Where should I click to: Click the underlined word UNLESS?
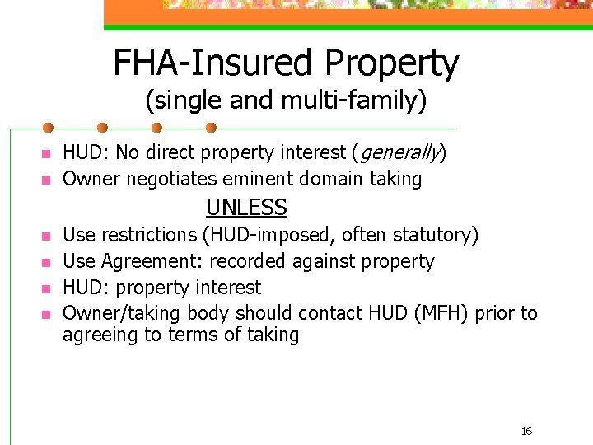point(246,208)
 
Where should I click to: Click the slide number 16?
point(526,431)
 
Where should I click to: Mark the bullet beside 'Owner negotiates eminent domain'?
point(46,180)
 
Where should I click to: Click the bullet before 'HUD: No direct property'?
point(46,154)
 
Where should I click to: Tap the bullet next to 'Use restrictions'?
point(46,236)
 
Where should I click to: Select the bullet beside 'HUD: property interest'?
point(46,288)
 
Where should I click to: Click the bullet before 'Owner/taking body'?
point(46,315)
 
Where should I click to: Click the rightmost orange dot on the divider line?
point(210,128)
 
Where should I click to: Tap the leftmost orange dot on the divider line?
point(49,128)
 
